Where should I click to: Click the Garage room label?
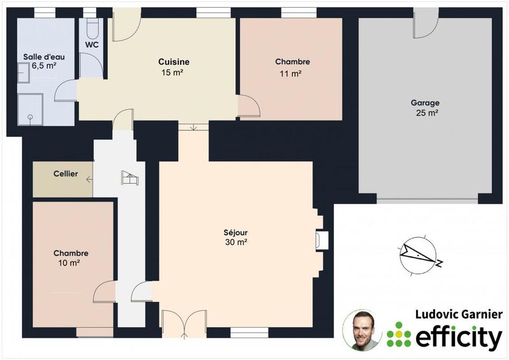(x=424, y=102)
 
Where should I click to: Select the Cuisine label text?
(x=174, y=62)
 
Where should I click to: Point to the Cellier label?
(x=66, y=174)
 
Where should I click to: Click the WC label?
(x=92, y=45)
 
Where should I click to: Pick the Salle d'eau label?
(x=44, y=57)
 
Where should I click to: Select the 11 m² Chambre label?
(x=292, y=62)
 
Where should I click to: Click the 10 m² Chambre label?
(x=71, y=253)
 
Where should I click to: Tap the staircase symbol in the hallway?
(x=129, y=178)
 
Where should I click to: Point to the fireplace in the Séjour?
(x=322, y=240)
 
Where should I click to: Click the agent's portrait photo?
(x=362, y=330)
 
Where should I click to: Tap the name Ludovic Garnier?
(x=459, y=315)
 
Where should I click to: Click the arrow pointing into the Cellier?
(x=89, y=180)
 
